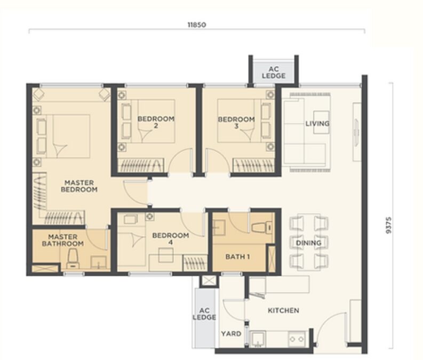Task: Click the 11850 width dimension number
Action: pos(196,25)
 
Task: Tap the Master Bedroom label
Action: pos(79,186)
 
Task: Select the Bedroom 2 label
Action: pos(156,122)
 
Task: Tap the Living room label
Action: pos(317,124)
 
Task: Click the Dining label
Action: pos(309,243)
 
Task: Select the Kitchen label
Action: pos(283,310)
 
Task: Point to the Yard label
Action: pos(231,334)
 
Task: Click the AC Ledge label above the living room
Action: pos(274,73)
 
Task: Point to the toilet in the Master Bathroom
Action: pos(73,260)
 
